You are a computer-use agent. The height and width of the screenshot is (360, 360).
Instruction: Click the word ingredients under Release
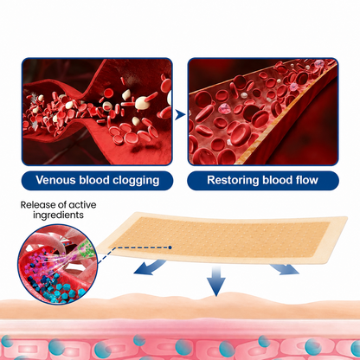[58, 215]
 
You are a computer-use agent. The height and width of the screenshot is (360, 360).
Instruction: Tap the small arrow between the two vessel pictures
[180, 115]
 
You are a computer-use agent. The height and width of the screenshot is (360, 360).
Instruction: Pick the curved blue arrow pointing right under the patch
[285, 269]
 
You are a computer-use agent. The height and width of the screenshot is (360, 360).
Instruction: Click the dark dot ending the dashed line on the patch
[170, 247]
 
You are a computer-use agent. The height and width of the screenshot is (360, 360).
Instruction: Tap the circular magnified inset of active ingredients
[58, 264]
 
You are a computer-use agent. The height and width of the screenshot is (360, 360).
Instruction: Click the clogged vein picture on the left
[97, 112]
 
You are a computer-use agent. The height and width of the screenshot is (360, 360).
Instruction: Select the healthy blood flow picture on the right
[263, 112]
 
